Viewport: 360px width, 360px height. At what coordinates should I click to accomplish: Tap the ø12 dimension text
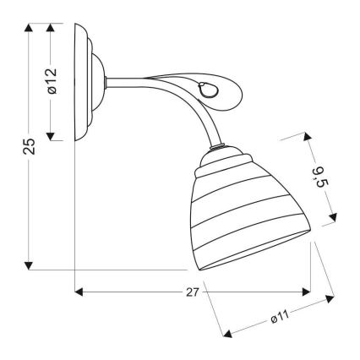tap(52, 80)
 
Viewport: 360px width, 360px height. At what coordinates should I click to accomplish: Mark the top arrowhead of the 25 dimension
tap(30, 28)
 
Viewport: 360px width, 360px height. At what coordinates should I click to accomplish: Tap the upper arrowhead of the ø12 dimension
tap(52, 28)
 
